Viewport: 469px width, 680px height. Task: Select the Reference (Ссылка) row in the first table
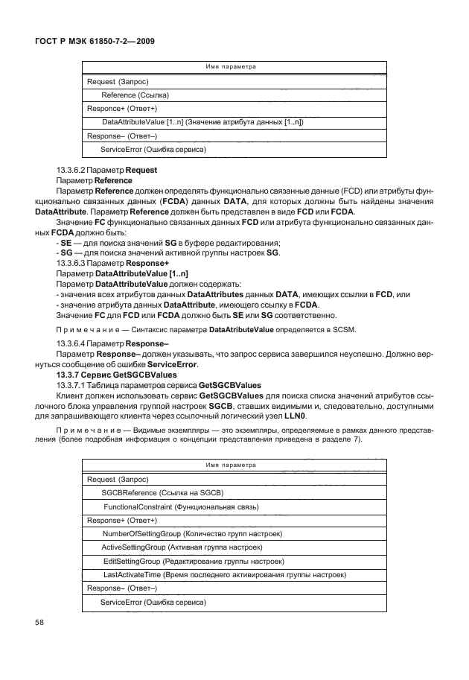click(135, 95)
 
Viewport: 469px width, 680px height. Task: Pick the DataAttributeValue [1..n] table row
click(202, 121)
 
